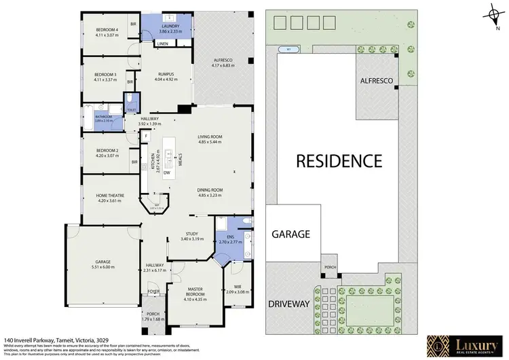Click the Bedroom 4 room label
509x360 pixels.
[x=107, y=30]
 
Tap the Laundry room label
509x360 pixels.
[x=170, y=26]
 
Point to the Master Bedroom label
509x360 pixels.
[x=197, y=291]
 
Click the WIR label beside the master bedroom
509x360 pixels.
[x=237, y=287]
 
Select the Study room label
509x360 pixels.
[x=192, y=235]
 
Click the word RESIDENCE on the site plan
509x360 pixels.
[x=337, y=161]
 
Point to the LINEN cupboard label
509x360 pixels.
[x=162, y=44]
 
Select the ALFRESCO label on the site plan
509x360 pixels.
[x=377, y=81]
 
